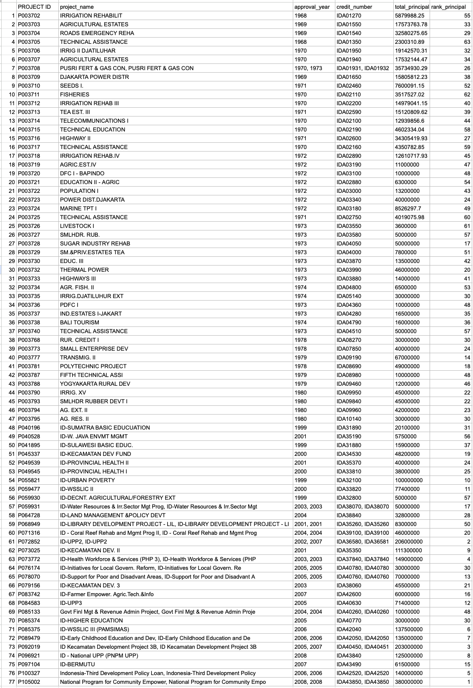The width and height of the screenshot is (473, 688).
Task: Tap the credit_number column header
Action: coord(354,7)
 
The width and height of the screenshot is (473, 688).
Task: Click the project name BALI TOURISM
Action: coord(80,322)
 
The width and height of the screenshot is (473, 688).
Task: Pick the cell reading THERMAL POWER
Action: coord(84,270)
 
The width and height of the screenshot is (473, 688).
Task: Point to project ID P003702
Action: coord(29,15)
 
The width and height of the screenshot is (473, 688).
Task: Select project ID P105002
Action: coord(29,682)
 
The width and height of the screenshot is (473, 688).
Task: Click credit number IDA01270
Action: coord(349,15)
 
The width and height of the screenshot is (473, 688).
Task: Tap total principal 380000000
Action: coord(409,682)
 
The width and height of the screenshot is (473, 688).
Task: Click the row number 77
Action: coord(12,682)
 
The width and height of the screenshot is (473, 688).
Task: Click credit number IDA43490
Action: coord(349,664)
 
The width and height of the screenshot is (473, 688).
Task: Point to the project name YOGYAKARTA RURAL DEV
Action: coord(95,384)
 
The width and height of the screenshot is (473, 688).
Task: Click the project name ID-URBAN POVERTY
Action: coord(87,480)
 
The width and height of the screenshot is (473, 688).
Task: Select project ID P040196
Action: coord(29,427)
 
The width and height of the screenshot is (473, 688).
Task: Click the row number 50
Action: coord(12,445)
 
